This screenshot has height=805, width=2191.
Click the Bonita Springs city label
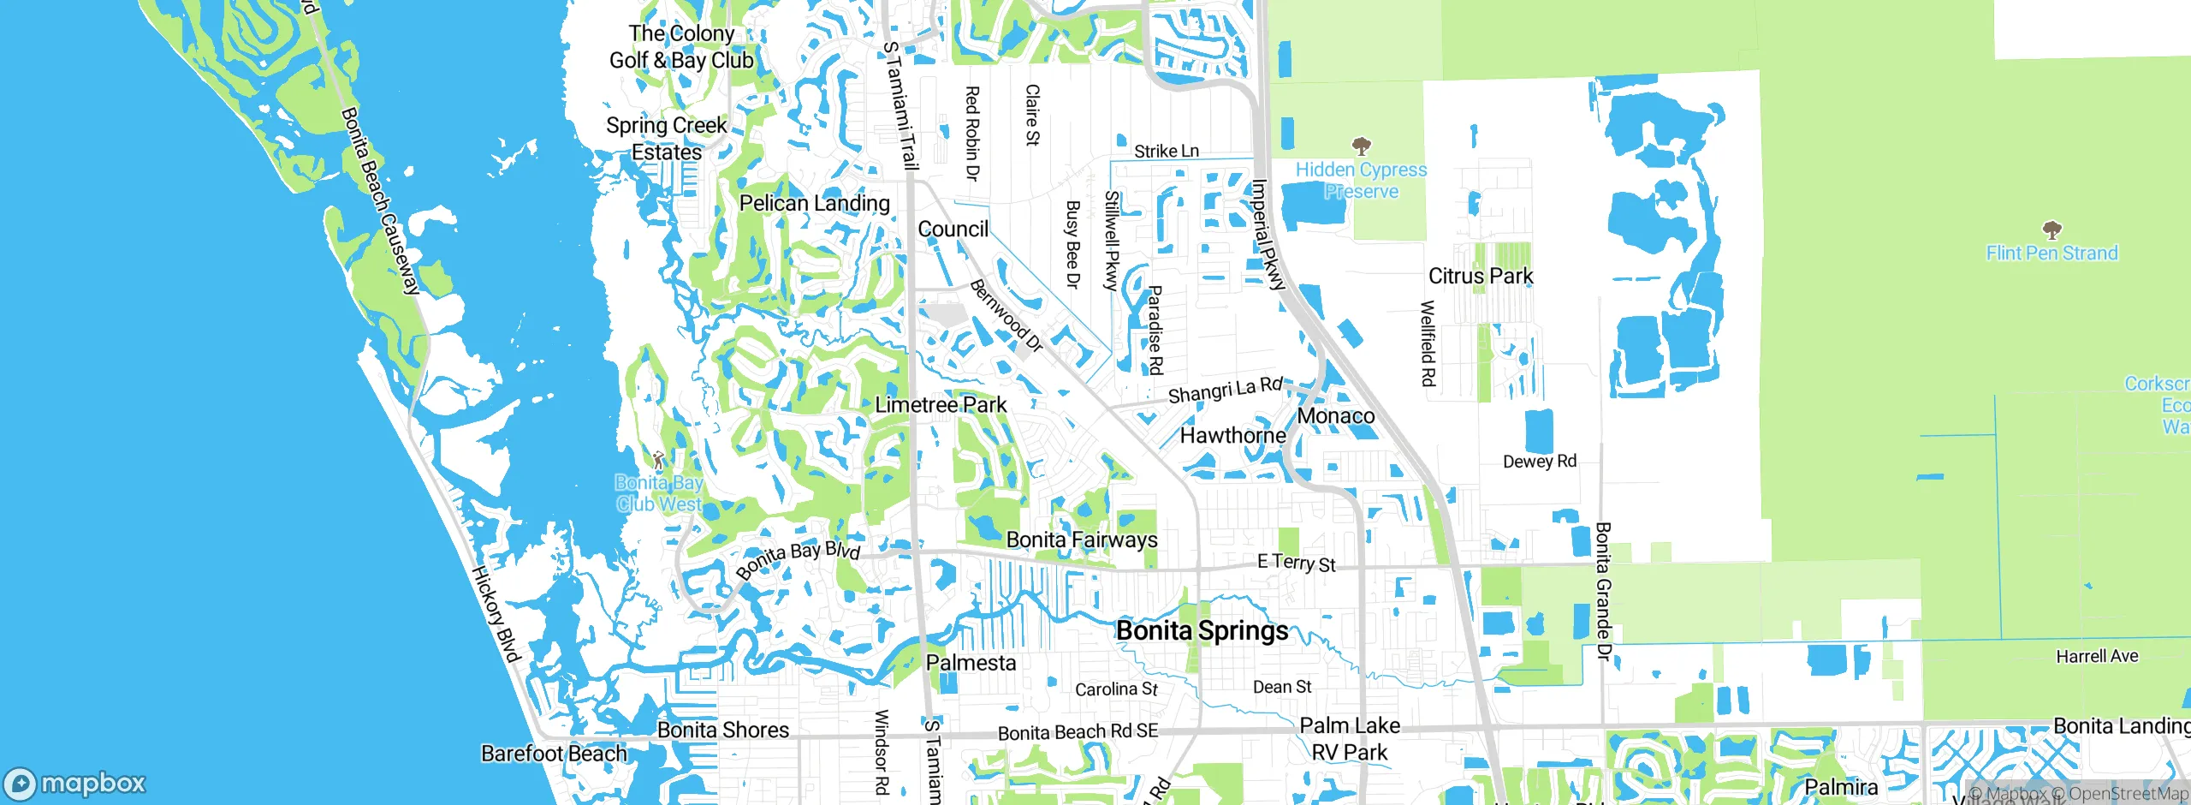pos(1202,631)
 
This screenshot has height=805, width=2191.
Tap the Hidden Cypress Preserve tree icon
pos(1361,146)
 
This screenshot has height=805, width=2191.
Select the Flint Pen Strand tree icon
pos(2051,230)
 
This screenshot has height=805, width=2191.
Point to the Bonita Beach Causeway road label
pos(380,201)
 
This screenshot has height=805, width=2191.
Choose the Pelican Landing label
pos(814,203)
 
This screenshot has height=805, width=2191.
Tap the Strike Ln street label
pos(1166,152)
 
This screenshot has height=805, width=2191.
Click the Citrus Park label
pos(1480,276)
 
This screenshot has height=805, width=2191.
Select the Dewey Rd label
pos(1539,462)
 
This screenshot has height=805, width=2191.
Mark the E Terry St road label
pos(1296,563)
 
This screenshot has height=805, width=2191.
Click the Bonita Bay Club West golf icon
pos(658,460)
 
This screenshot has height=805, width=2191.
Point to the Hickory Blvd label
pos(496,614)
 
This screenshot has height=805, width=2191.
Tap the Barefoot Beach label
pos(554,754)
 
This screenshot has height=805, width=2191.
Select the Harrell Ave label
pos(2096,657)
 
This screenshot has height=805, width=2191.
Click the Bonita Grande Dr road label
pos(1603,591)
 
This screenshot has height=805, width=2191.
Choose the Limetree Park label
pos(940,404)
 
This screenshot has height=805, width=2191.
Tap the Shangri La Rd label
pos(1225,391)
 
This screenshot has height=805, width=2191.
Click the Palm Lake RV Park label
pos(1349,738)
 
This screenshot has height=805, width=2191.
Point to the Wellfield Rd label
pos(1427,343)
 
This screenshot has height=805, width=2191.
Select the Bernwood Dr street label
pos(1006,316)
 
